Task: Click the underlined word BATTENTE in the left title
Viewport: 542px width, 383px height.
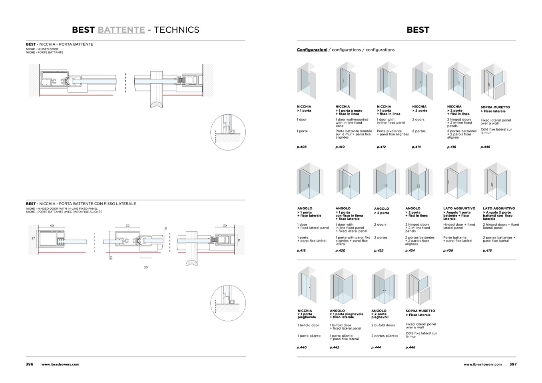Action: pyautogui.click(x=121, y=30)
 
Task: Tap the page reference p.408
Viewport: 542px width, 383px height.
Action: pyautogui.click(x=301, y=147)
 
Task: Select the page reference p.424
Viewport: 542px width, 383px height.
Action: pyautogui.click(x=410, y=251)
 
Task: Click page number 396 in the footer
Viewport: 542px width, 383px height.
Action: pyautogui.click(x=30, y=364)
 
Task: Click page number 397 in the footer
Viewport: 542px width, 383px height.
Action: pyautogui.click(x=513, y=364)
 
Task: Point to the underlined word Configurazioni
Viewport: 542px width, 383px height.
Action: pyautogui.click(x=312, y=50)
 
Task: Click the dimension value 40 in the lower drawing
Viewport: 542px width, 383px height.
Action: pyautogui.click(x=52, y=226)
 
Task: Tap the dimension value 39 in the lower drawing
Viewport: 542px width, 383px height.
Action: pyautogui.click(x=128, y=226)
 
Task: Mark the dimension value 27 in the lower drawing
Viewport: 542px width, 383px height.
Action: pyautogui.click(x=33, y=238)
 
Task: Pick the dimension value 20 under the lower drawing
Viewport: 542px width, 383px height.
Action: pyautogui.click(x=145, y=267)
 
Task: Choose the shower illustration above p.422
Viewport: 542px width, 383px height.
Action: pyautogui.click(x=386, y=182)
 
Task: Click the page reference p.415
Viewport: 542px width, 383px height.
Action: pyautogui.click(x=487, y=251)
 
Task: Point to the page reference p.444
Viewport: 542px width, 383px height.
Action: pyautogui.click(x=376, y=347)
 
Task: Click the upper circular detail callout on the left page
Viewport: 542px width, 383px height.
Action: pyautogui.click(x=228, y=132)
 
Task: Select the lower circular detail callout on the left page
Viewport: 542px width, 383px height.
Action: pyautogui.click(x=228, y=303)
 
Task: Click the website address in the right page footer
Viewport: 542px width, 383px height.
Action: pyautogui.click(x=482, y=364)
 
